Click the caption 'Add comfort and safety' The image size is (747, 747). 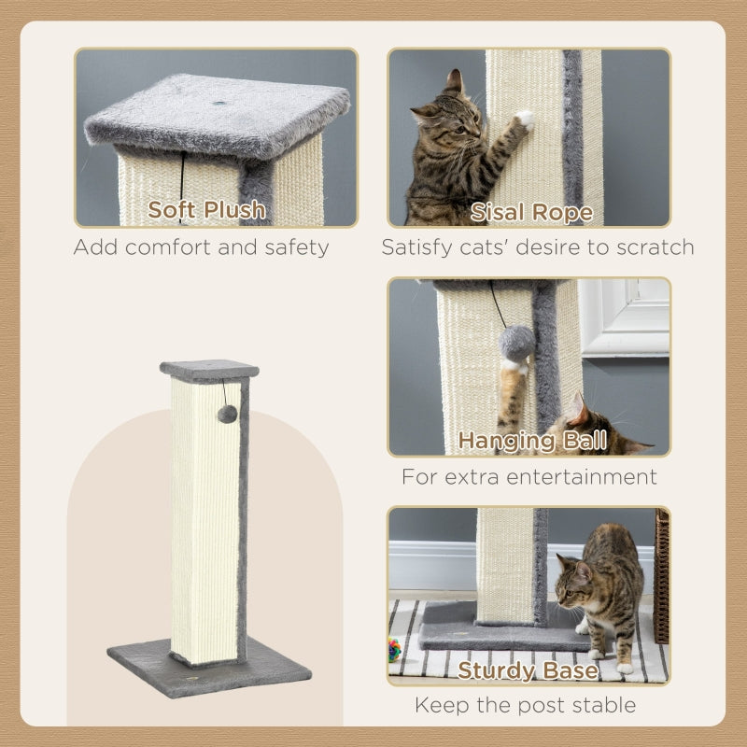point(201,247)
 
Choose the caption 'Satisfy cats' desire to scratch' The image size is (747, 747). point(537,247)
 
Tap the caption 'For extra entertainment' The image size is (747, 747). point(529,476)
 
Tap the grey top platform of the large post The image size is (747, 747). point(208,369)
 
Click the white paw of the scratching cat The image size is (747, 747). point(525,119)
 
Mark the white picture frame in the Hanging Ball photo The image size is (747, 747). point(624,317)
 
